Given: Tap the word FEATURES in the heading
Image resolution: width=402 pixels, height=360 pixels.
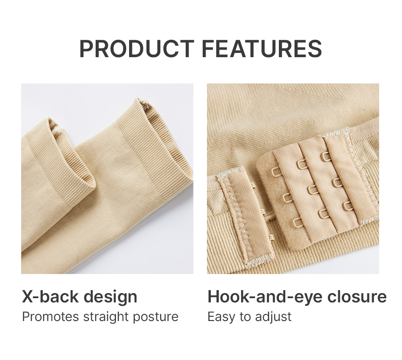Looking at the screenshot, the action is (262, 49).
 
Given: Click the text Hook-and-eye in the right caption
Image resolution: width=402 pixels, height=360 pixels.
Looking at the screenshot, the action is (264, 297).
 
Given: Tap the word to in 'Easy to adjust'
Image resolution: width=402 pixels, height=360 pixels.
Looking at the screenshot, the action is (245, 317).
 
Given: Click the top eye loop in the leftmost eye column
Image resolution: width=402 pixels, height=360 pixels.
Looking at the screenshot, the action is (276, 172).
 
